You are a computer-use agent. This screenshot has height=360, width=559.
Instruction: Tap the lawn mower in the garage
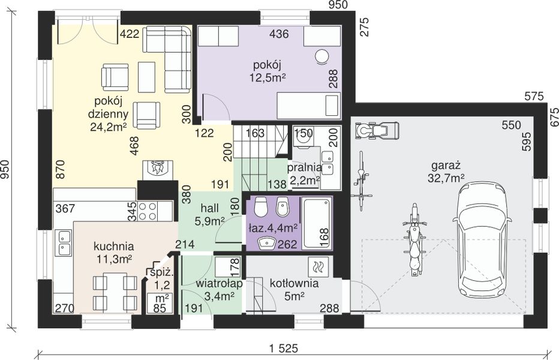coord(377,129)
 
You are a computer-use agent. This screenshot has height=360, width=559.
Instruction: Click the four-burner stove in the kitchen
coord(148,211)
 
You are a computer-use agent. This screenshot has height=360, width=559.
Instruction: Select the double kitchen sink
coord(64,242)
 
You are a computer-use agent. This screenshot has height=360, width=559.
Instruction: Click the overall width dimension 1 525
coord(284,349)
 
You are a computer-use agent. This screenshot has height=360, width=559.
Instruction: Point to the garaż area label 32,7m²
coord(446,178)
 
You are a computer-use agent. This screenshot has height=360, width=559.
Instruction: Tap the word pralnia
coord(304,167)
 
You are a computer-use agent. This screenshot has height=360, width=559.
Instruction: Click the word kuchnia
coord(114,246)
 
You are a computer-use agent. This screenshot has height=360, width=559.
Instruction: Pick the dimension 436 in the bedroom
coord(279,34)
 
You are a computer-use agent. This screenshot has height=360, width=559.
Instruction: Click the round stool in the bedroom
coord(322,57)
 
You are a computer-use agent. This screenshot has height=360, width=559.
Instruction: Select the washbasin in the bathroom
coord(267,244)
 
